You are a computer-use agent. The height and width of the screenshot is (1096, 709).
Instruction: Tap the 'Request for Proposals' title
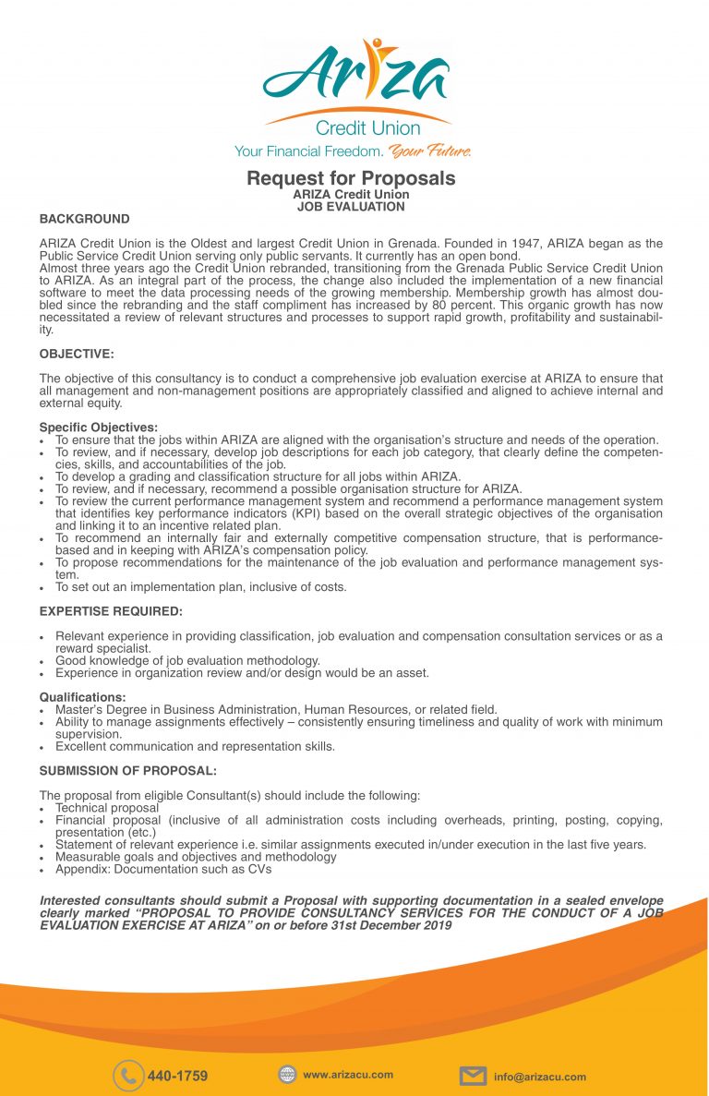coord(351,178)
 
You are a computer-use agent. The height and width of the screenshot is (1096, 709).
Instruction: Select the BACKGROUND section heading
coord(84,219)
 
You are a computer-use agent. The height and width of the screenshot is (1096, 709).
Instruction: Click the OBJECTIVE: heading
coord(78,354)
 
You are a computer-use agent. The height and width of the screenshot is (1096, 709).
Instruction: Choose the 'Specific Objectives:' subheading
coord(99,428)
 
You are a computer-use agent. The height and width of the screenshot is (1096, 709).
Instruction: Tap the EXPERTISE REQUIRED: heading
coord(111,611)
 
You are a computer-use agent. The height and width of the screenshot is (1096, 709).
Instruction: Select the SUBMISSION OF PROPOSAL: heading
coord(128,770)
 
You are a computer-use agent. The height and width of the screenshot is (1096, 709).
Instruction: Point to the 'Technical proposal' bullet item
coord(107,808)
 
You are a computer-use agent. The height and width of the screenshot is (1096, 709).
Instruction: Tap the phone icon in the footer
coord(128,1076)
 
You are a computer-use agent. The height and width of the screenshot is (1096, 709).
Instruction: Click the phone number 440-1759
coord(177,1076)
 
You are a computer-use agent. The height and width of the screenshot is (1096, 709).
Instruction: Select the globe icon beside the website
coord(287,1074)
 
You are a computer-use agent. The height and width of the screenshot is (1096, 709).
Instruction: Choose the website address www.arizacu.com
coord(348,1074)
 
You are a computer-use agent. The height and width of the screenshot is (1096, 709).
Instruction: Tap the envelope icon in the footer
coord(473,1076)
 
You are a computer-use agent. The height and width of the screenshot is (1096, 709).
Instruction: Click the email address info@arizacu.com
coord(539,1077)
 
